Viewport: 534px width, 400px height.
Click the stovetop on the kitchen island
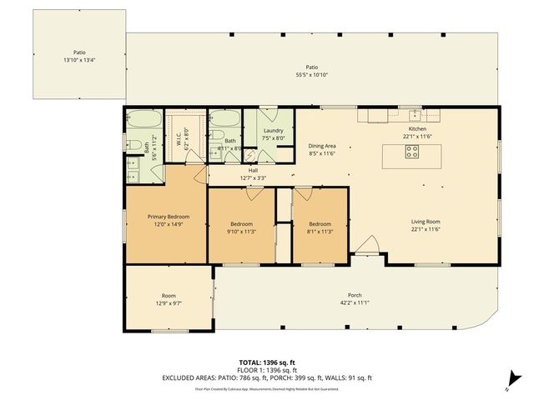411,152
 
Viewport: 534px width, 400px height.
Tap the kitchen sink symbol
415,115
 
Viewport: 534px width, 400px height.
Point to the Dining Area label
321,145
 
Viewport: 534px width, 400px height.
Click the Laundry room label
273,131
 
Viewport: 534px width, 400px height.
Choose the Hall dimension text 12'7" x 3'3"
252,177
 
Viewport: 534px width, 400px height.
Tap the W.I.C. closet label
179,142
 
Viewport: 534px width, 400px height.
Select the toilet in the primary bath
135,147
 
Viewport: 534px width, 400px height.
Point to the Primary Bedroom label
164,216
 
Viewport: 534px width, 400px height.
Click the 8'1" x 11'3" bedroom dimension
320,231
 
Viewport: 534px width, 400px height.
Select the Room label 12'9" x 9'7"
169,300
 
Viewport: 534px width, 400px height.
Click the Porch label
354,296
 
